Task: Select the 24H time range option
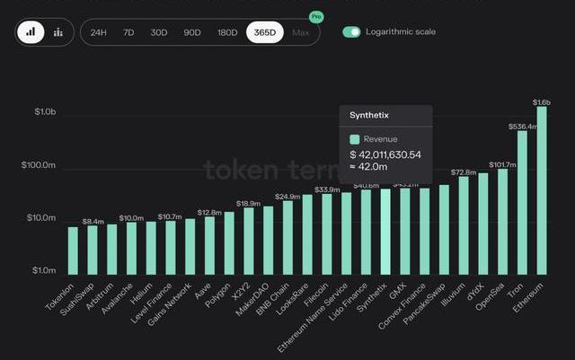[x=100, y=32]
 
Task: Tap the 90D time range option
[x=192, y=32]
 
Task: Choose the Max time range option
[x=301, y=32]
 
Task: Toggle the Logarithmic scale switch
[x=351, y=32]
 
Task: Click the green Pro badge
[x=316, y=16]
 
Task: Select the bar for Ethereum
[x=542, y=189]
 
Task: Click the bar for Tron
[x=522, y=202]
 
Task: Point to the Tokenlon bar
[x=73, y=250]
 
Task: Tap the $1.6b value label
[x=542, y=102]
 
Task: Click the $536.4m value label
[x=522, y=127]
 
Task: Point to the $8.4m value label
[x=93, y=221]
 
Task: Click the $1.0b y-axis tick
[x=45, y=113]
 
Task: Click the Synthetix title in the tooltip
[x=368, y=115]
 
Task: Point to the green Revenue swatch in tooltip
[x=355, y=139]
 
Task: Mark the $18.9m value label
[x=247, y=204]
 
